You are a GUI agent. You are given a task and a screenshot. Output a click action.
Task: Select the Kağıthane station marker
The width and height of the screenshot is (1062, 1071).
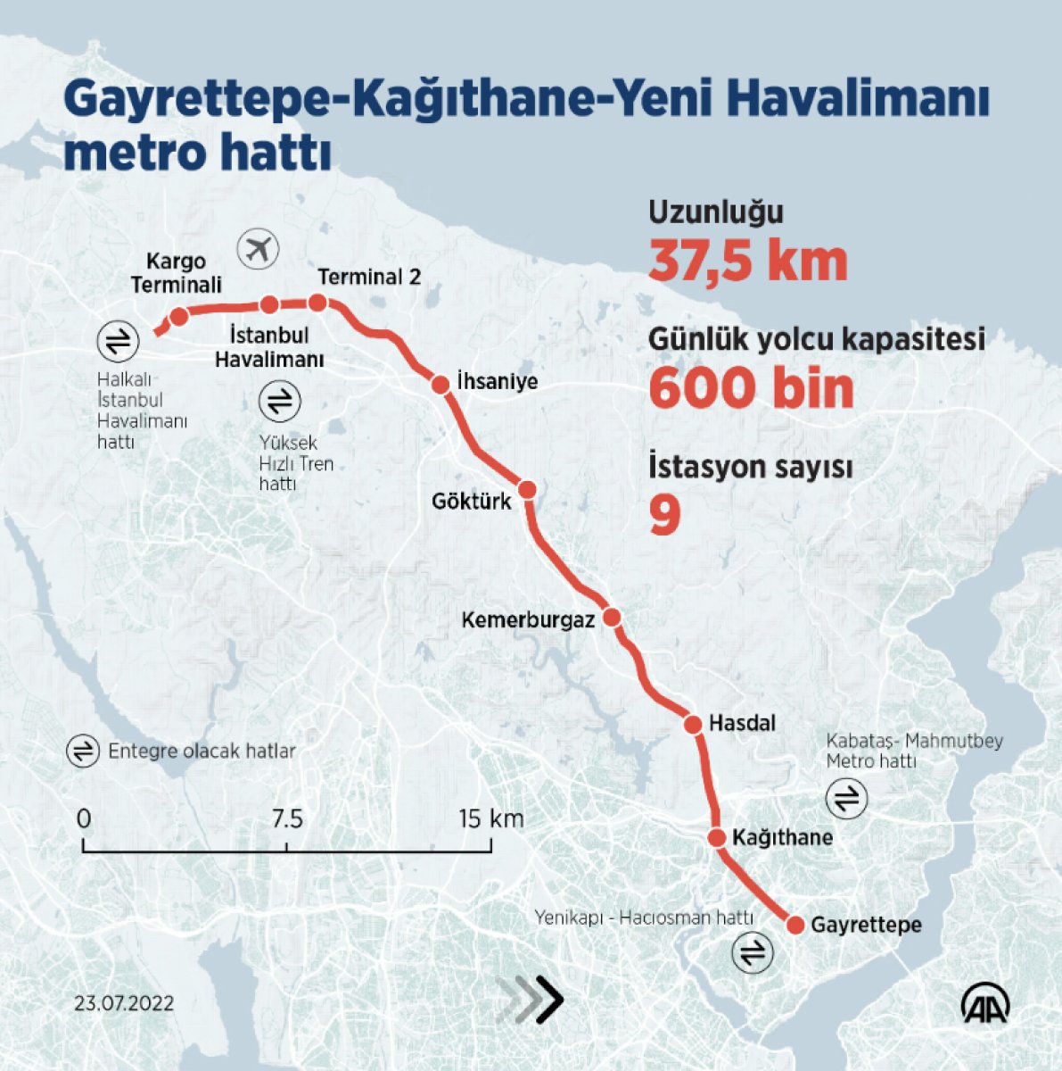point(716,837)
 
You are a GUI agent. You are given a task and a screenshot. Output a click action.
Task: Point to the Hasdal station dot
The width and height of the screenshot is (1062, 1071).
point(693,724)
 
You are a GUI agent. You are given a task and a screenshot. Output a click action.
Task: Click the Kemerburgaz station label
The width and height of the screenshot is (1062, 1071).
point(527,619)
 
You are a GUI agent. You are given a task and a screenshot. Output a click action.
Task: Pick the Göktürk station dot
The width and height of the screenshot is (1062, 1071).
point(527,490)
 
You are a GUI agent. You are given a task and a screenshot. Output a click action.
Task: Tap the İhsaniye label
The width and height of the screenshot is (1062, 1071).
point(497,381)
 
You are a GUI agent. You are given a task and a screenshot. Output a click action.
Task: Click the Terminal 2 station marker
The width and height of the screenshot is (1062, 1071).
point(317,303)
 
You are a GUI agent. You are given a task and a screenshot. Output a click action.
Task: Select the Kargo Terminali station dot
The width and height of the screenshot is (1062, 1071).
point(178,317)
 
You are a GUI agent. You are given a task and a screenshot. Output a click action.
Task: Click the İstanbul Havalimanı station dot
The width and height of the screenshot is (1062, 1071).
point(269,305)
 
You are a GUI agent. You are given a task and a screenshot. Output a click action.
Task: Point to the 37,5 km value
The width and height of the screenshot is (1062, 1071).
point(747,262)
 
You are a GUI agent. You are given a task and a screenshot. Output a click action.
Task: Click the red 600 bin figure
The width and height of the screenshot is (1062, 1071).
point(750,388)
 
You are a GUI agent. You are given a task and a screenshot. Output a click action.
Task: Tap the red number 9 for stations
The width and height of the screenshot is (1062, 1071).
point(664,516)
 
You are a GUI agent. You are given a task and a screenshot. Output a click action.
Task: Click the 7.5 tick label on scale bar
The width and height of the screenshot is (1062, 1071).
point(287,818)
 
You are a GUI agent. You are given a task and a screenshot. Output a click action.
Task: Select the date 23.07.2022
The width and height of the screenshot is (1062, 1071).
point(124,1003)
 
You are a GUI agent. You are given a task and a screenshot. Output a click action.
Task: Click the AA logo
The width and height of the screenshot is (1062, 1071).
point(984,1006)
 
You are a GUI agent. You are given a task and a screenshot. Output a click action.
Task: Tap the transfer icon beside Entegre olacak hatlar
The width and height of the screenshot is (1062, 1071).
point(82,751)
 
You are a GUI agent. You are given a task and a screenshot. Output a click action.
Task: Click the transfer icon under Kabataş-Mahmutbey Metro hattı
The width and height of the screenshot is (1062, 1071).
point(846,798)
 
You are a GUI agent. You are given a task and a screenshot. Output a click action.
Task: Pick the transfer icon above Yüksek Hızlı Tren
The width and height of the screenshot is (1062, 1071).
point(280,402)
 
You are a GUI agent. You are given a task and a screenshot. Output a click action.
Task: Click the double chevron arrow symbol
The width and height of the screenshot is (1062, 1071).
point(532,1000)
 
